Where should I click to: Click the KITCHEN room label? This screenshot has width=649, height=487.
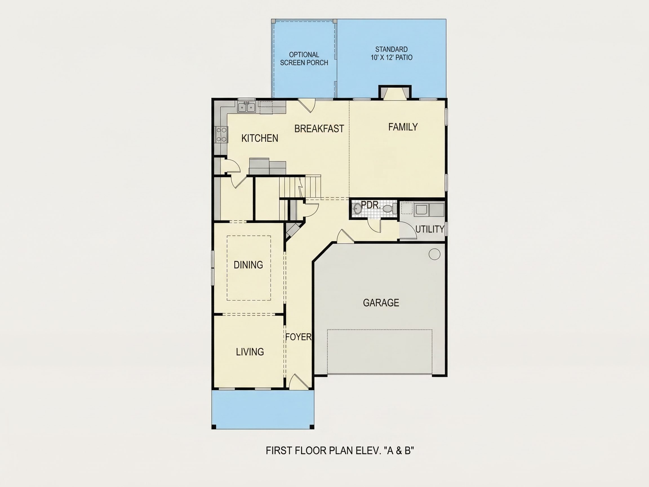coord(260,138)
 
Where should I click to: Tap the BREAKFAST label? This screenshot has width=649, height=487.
coord(319,129)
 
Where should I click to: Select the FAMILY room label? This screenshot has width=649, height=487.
coord(403,127)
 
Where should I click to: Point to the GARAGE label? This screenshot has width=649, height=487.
coord(381,303)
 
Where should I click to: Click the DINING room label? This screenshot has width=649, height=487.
coord(248,265)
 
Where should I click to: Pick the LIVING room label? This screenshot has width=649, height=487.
coord(250,352)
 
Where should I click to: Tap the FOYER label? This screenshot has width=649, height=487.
coord(298,337)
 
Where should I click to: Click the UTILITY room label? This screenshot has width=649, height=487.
coord(430,229)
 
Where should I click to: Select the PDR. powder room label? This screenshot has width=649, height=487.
coord(371,205)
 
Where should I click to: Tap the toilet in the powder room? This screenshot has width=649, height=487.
coord(389,209)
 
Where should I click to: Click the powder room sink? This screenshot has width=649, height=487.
coord(357,209)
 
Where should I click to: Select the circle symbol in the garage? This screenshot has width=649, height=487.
coord(434,254)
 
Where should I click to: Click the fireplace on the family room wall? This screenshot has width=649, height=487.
coord(395,92)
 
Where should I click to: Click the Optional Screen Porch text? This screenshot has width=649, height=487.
coord(304,59)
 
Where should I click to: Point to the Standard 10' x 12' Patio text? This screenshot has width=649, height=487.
coord(391,54)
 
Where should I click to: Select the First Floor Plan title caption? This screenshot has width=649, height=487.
coord(340,451)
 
